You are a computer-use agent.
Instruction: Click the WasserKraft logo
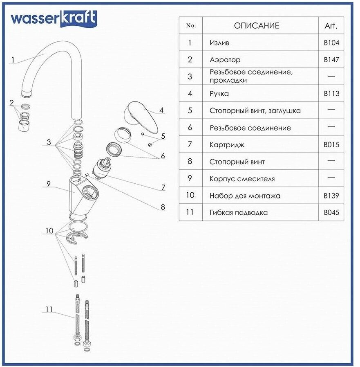pyautogui.click(x=54, y=18)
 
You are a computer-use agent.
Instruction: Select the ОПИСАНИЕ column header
pyautogui.click(x=256, y=25)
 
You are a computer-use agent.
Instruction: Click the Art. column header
pyautogui.click(x=331, y=25)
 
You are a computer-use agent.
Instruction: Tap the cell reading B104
pyautogui.click(x=331, y=43)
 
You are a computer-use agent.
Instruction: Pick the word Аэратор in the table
pyautogui.click(x=225, y=60)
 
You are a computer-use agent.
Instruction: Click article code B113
pyautogui.click(x=331, y=94)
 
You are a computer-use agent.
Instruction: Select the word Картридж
pyautogui.click(x=227, y=145)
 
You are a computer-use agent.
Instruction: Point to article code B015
pyautogui.click(x=331, y=145)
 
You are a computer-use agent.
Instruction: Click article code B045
pyautogui.click(x=331, y=213)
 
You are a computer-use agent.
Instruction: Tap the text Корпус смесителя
pyautogui.click(x=242, y=179)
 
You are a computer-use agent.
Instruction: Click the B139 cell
pyautogui.click(x=331, y=196)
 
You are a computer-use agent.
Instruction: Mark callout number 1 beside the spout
pyautogui.click(x=13, y=60)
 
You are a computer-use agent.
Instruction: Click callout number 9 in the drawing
pyautogui.click(x=48, y=185)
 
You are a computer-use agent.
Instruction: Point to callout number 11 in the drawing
pyautogui.click(x=49, y=310)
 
